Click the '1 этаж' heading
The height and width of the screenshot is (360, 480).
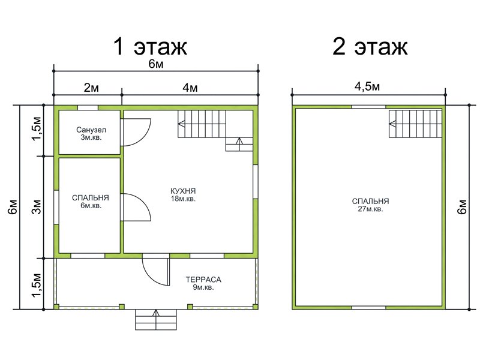150,47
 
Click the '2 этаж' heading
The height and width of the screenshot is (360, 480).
370,47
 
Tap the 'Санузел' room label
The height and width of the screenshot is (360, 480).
91,130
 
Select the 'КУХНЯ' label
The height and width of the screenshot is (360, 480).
183,191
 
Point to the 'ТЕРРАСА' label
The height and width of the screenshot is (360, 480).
203,280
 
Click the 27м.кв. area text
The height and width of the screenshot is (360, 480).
370,209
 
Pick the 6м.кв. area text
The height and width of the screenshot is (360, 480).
91,206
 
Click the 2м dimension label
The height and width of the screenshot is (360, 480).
91,88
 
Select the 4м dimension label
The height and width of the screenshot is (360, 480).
190,88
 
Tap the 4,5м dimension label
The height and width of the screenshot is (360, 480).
367,86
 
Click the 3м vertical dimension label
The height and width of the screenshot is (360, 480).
37,207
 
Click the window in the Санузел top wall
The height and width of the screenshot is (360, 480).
88,108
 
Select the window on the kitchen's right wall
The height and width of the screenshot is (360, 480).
256,182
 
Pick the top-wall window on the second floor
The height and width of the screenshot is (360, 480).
368,107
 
